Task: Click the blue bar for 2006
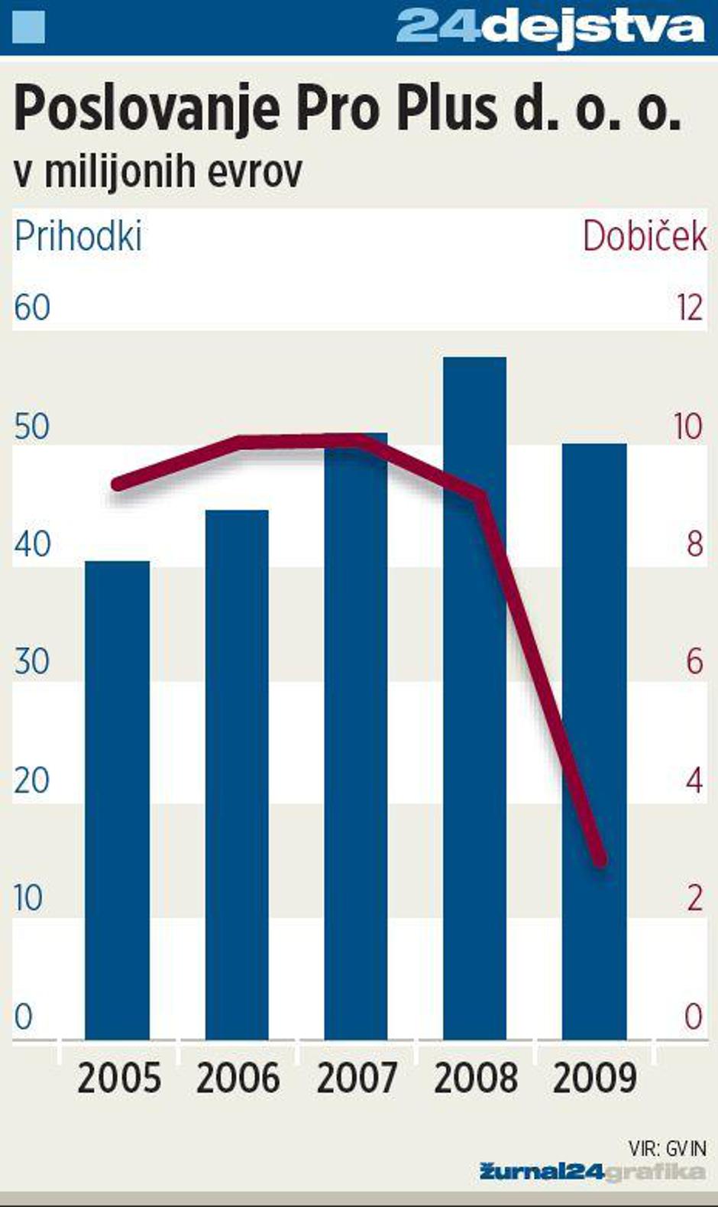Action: coord(237,774)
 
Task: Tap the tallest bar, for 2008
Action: coord(474,697)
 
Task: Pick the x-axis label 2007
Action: coord(357,1078)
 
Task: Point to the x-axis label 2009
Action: coord(594,1078)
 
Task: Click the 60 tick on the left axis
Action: coord(32,307)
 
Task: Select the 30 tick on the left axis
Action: coord(32,661)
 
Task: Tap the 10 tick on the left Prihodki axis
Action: coord(29,898)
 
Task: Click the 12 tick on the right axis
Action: coord(689,307)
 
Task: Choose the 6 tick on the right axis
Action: coord(694,661)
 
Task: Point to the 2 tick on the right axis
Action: coord(694,898)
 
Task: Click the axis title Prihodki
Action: coord(78,236)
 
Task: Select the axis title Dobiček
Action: coord(645,236)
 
